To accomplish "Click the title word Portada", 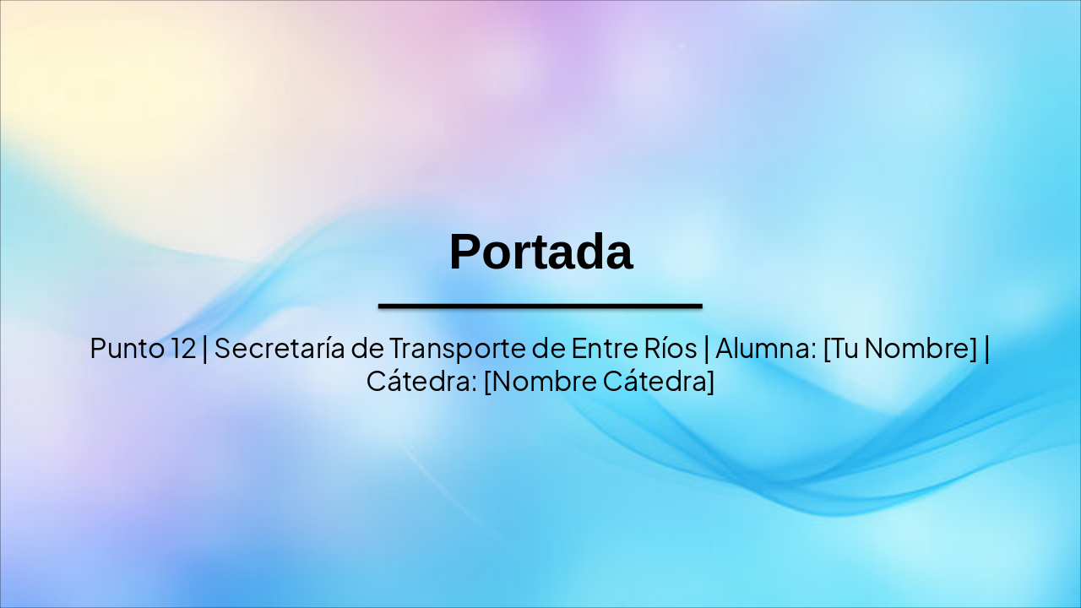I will pos(540,252).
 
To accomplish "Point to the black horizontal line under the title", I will pos(540,306).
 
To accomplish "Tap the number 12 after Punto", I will pos(182,348).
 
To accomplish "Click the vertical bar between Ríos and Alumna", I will pos(706,348).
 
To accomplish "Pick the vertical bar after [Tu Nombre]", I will pos(986,348).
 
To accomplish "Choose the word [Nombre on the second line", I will pos(540,381).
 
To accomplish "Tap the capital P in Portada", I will pos(464,252).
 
